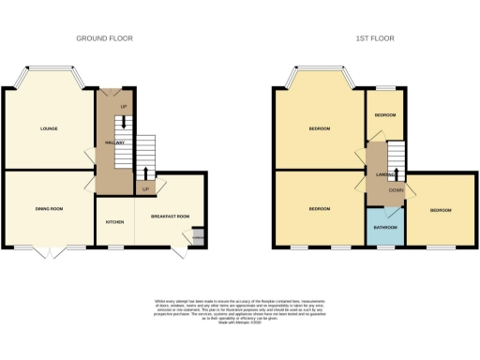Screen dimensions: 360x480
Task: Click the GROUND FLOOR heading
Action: (105, 38)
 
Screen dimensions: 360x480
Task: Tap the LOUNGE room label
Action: (49, 127)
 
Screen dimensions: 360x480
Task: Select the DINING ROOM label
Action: (49, 208)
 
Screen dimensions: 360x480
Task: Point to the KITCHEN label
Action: (115, 222)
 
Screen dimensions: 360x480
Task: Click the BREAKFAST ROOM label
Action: (170, 217)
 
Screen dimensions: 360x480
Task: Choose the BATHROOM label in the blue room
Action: (383, 226)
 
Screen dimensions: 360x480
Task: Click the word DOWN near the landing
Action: (397, 190)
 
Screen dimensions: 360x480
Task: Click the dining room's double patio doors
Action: (52, 251)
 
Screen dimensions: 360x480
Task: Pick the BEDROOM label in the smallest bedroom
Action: (384, 114)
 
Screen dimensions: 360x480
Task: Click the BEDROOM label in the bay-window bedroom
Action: (319, 128)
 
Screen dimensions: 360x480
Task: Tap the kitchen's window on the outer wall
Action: (115, 247)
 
